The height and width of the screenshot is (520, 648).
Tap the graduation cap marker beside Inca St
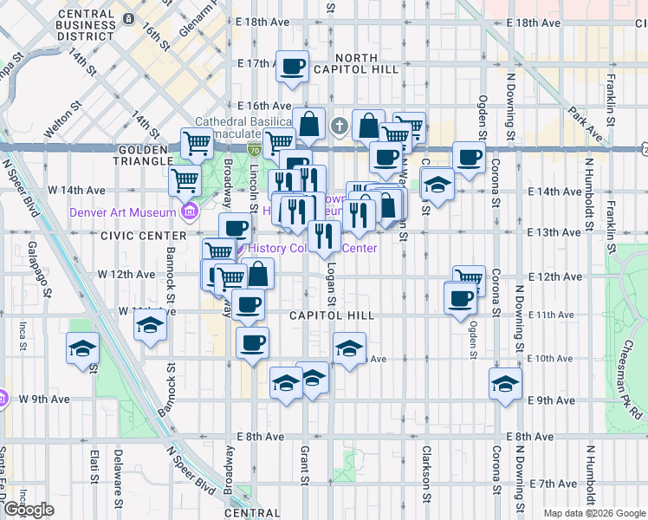click(83, 348)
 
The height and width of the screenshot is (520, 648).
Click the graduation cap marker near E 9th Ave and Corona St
click(505, 383)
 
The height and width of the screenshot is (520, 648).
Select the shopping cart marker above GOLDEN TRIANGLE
click(198, 141)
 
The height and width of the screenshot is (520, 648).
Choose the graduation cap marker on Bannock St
click(150, 326)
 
